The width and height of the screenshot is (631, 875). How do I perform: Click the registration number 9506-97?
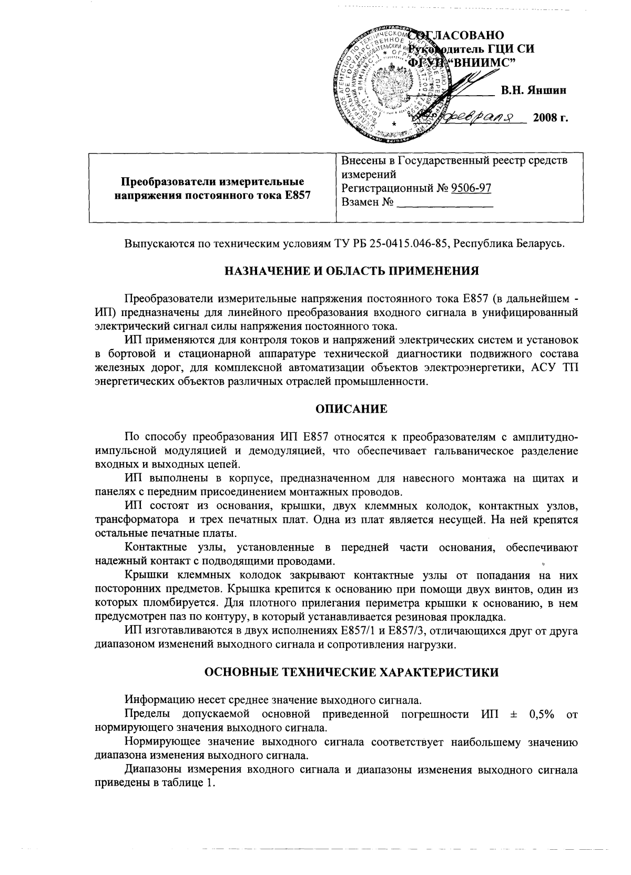(x=471, y=188)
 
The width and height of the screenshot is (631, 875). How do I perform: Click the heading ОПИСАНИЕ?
(x=351, y=409)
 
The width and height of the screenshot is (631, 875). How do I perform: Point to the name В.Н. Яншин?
(x=533, y=90)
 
